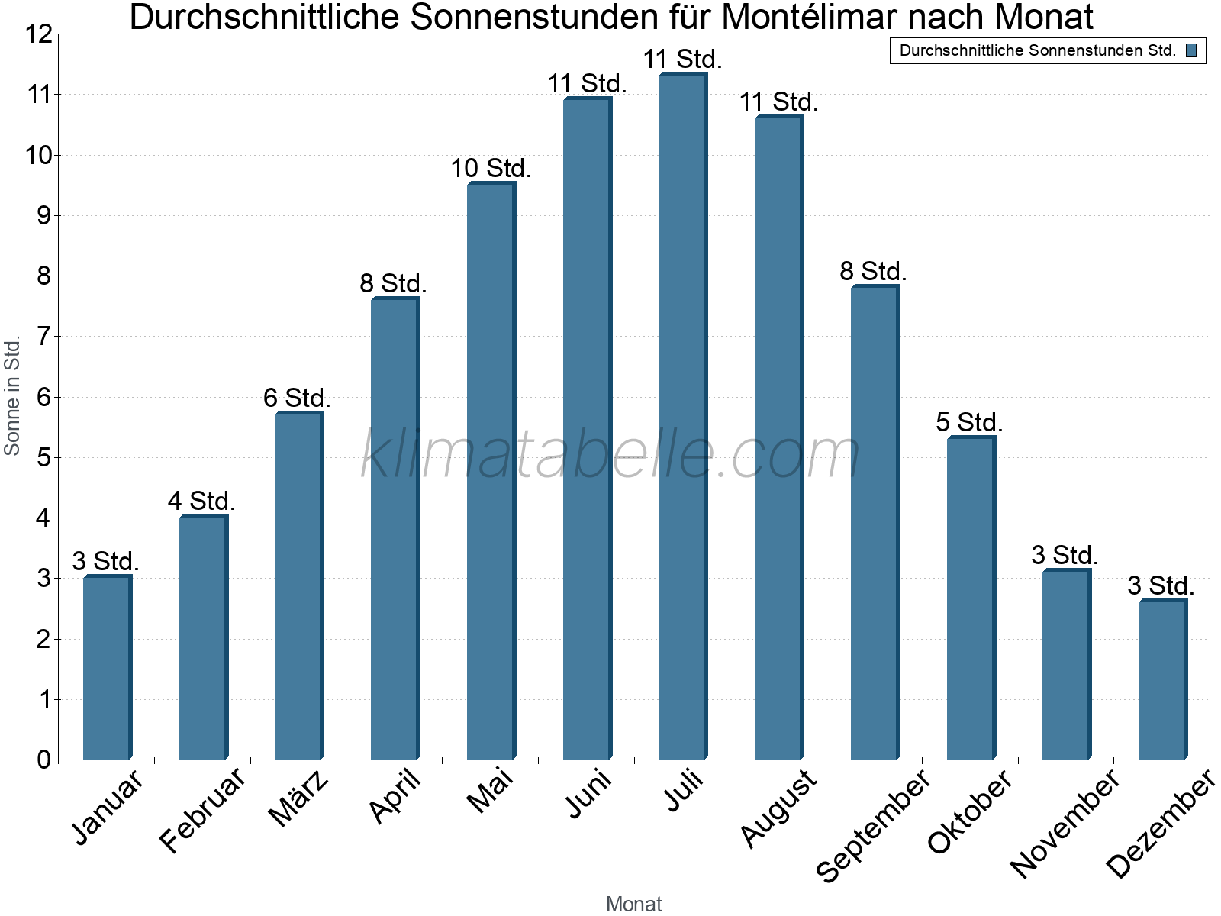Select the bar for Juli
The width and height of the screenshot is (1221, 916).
click(682, 416)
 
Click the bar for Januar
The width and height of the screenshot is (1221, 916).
click(107, 668)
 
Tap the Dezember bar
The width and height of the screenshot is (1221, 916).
click(1162, 679)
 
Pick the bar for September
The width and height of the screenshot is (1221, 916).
click(875, 523)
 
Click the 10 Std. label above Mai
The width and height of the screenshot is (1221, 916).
click(491, 168)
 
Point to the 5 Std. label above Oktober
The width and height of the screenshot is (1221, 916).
click(969, 422)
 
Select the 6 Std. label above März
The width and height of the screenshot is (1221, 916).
click(297, 398)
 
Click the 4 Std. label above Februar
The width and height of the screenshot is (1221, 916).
click(201, 501)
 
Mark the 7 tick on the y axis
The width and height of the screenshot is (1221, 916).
click(43, 336)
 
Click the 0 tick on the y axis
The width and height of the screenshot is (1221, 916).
click(43, 760)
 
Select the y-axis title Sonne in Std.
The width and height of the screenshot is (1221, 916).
click(12, 396)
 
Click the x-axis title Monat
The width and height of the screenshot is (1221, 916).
click(633, 904)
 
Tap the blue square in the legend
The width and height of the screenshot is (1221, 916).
click(1191, 50)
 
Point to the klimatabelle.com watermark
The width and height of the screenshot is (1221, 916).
click(610, 454)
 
